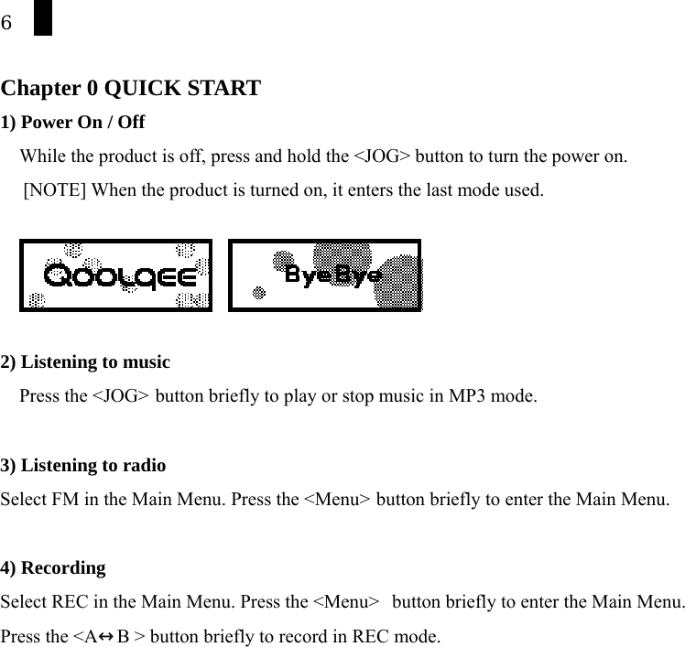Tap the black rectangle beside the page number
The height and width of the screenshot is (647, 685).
coord(42,18)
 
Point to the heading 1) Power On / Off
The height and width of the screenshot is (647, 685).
coord(73,122)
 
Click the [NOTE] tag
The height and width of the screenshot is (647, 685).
coord(56,190)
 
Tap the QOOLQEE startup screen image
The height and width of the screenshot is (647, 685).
coord(115,275)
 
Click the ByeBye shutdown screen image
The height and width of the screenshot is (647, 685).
coord(324,275)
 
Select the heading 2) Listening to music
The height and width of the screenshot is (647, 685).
coord(86,361)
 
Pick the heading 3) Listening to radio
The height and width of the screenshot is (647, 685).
coord(83,465)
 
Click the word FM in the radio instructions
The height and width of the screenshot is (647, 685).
coord(60,500)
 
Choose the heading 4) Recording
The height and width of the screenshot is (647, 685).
coord(54,567)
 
